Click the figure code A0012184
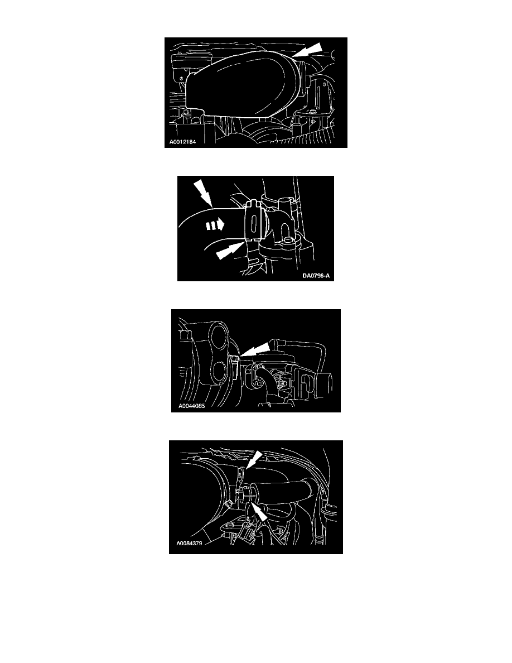[x=183, y=142]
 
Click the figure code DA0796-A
[x=316, y=276]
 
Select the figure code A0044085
[x=192, y=406]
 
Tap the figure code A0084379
[x=189, y=544]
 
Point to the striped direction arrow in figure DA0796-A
[x=215, y=226]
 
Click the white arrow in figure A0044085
[x=254, y=350]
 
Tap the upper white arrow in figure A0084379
[x=254, y=460]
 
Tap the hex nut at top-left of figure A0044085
[x=183, y=336]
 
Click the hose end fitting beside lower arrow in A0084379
[x=247, y=494]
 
